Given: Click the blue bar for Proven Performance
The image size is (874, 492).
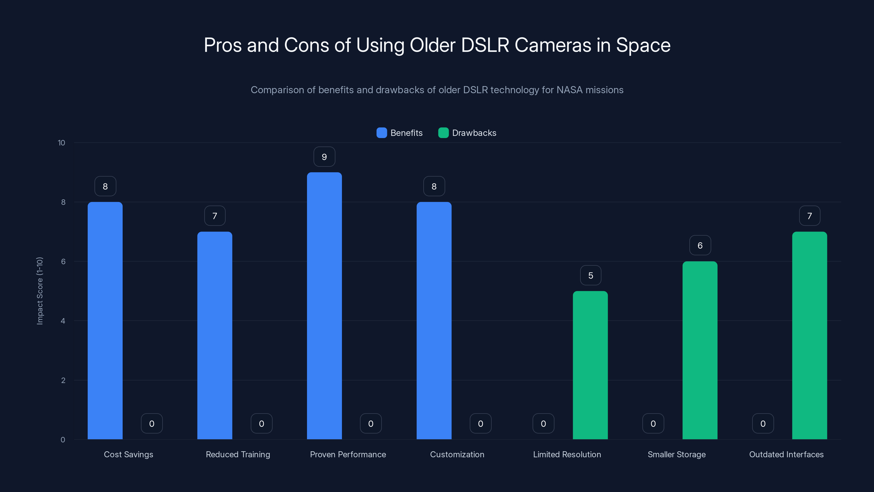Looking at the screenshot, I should click(x=324, y=306).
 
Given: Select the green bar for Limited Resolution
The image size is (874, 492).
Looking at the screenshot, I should click(x=590, y=365).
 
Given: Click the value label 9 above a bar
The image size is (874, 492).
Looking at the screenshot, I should click(x=324, y=157).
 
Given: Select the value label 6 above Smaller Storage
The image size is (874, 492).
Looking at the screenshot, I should click(x=700, y=245).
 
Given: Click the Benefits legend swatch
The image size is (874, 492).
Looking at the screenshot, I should click(x=382, y=133).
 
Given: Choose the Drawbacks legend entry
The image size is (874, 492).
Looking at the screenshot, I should click(x=474, y=133).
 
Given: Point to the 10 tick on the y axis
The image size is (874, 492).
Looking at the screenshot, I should click(x=61, y=143).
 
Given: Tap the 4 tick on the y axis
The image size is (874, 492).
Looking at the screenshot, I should click(x=63, y=321).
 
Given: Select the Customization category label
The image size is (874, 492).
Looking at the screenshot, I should click(x=457, y=454).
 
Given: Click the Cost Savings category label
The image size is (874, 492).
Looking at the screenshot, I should click(x=128, y=454).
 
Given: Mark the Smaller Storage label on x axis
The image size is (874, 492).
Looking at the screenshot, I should click(x=677, y=454).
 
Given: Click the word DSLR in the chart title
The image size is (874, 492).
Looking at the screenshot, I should click(x=485, y=45).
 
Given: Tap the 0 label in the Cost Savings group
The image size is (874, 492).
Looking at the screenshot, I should click(x=152, y=423).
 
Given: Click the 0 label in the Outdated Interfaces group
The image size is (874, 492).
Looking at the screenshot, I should click(x=763, y=423).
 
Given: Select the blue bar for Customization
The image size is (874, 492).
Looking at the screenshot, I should click(x=434, y=321).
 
